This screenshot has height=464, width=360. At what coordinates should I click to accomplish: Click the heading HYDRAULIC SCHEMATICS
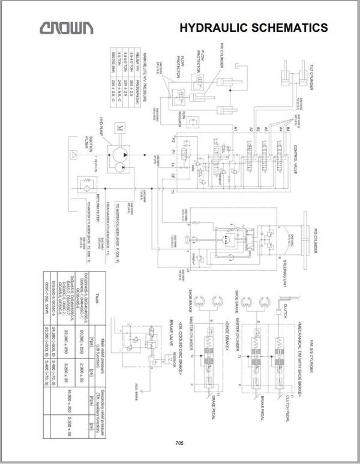click(x=253, y=28)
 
